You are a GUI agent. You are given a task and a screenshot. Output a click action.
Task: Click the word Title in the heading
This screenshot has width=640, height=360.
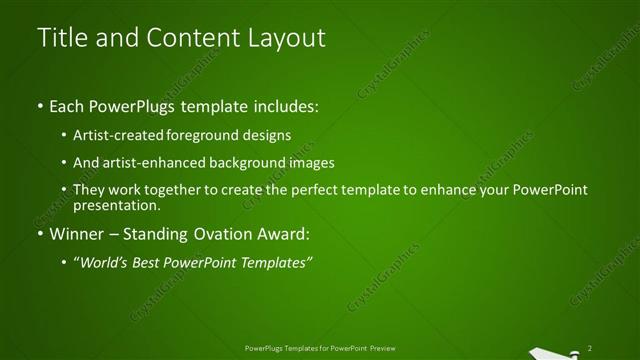pyautogui.click(x=59, y=38)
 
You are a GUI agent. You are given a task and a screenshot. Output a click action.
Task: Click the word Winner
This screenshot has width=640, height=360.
pyautogui.click(x=76, y=235)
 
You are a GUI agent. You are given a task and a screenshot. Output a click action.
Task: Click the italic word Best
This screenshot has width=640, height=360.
pyautogui.click(x=152, y=262)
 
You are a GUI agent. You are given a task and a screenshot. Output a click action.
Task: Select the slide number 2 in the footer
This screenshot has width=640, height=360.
pyautogui.click(x=590, y=347)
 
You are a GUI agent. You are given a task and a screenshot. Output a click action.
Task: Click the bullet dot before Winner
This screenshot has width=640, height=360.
pyautogui.click(x=39, y=236)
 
